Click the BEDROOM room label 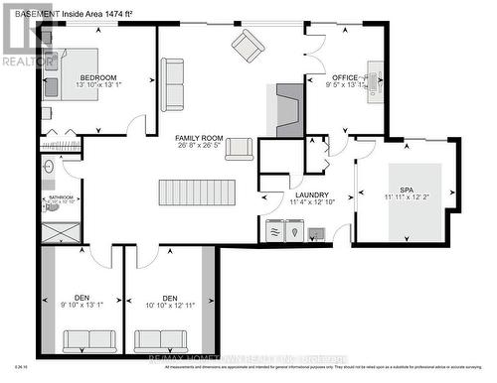99,77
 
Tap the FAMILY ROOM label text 199,138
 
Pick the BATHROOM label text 58,196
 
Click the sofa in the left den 89,340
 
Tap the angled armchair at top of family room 248,45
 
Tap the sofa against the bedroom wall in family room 172,84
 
